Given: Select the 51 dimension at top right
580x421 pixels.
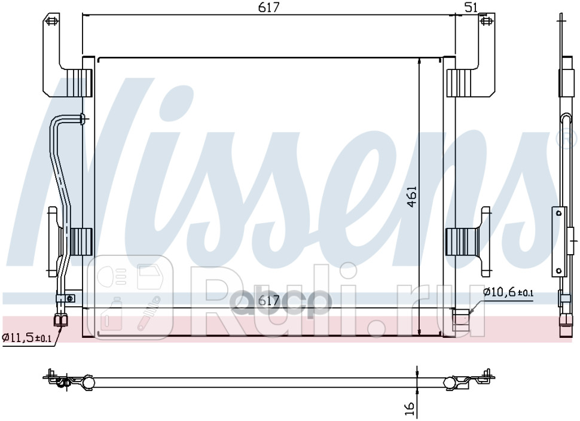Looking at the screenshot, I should (x=471, y=7).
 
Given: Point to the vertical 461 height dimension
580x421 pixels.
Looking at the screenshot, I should (x=412, y=197).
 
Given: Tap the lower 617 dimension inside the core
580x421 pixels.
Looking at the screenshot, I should (x=269, y=302).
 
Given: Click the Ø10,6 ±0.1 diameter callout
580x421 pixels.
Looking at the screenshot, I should (x=508, y=292).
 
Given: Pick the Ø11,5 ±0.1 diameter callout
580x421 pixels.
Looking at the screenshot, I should (x=26, y=338).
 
